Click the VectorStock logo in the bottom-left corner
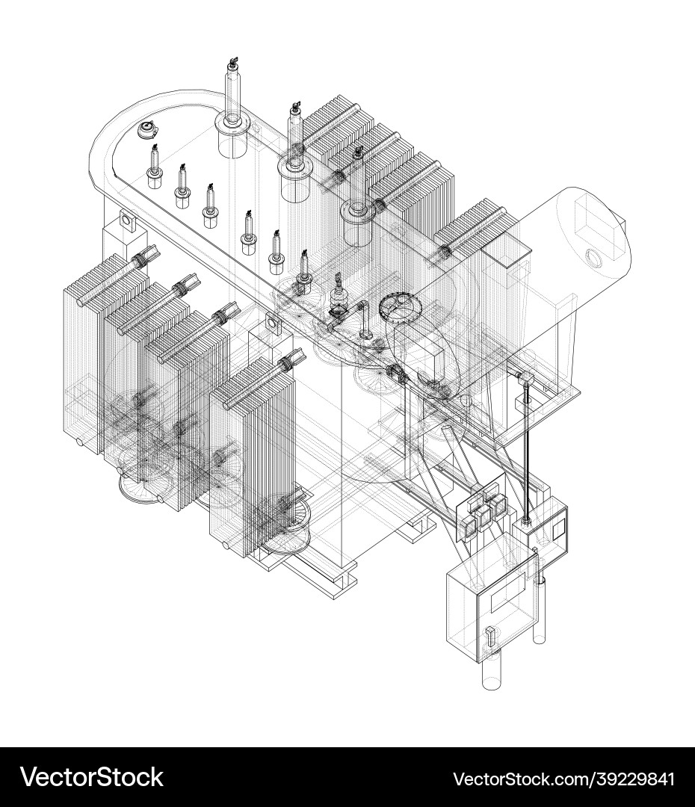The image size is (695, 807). [x=92, y=777]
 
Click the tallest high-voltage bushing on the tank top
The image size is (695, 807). [x=233, y=108]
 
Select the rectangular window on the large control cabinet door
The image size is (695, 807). [x=508, y=595]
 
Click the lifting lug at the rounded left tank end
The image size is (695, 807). [x=126, y=221]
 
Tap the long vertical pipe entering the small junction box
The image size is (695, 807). [x=526, y=453]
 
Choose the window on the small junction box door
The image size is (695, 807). [x=558, y=528]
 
